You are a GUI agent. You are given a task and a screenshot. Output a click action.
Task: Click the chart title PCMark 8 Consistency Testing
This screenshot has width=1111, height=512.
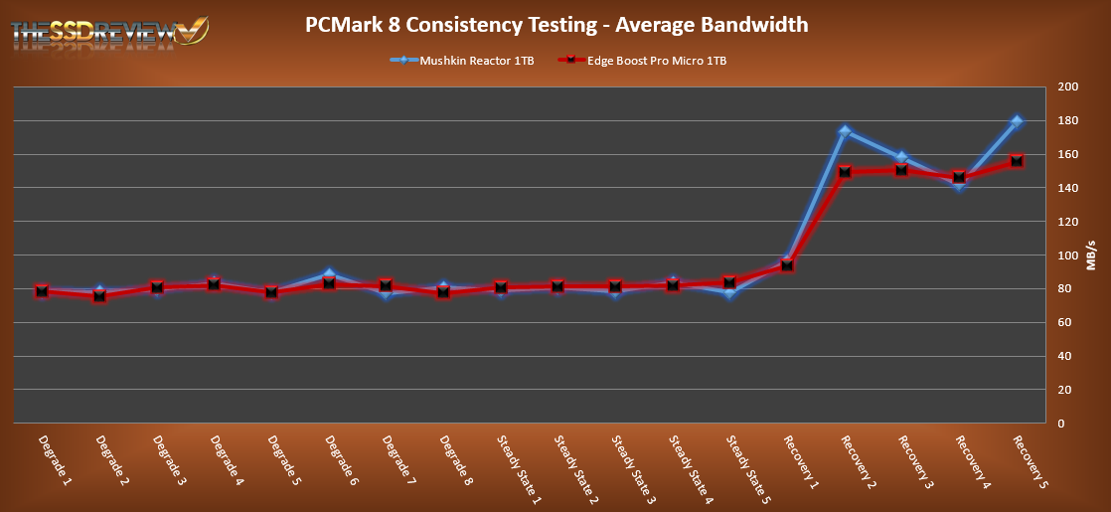click(x=556, y=24)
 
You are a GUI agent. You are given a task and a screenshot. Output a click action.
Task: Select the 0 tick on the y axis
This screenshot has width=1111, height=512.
click(x=1061, y=424)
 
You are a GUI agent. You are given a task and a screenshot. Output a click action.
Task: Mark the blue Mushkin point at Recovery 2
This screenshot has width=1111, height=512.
click(x=845, y=131)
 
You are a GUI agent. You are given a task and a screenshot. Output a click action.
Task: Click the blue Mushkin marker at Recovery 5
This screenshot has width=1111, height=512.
click(x=1017, y=121)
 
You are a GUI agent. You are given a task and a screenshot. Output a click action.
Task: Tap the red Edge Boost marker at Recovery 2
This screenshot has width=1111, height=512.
click(x=845, y=171)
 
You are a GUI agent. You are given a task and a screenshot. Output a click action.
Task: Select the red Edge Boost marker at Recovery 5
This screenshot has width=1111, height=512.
click(x=1017, y=161)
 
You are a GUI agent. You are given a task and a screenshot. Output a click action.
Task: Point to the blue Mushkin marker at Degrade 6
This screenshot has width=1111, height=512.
click(x=329, y=275)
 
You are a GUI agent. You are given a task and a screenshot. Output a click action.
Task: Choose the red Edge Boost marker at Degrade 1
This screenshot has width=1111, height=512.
click(x=42, y=291)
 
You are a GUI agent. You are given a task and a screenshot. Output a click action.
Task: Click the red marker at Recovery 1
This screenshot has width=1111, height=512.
click(x=788, y=264)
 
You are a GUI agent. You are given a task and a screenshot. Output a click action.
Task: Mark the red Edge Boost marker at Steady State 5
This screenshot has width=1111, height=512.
click(x=730, y=282)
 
